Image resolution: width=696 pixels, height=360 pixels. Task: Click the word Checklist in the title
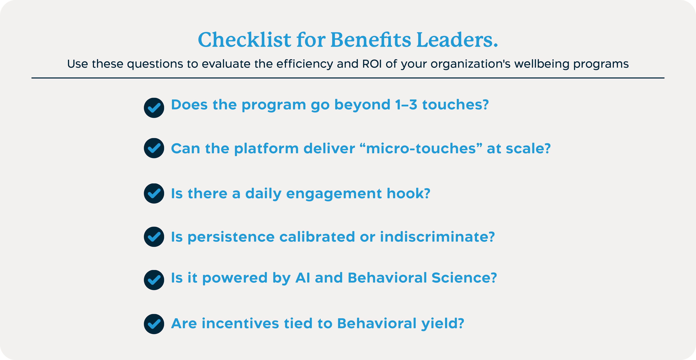click(x=244, y=40)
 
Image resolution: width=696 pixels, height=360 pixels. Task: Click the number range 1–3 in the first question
click(x=406, y=105)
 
